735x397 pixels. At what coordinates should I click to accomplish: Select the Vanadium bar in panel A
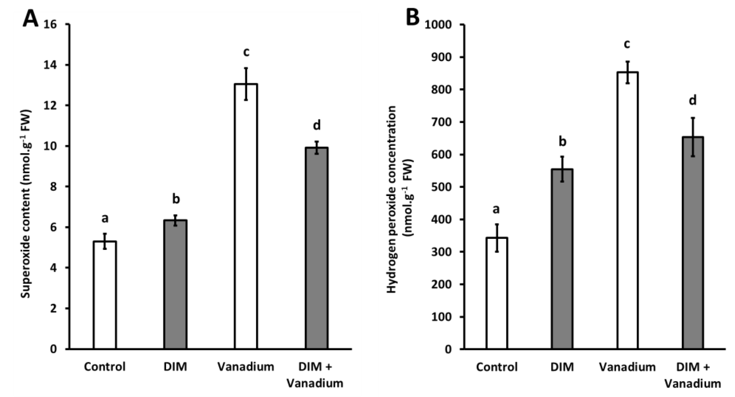click(246, 217)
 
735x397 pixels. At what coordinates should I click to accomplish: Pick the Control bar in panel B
click(497, 293)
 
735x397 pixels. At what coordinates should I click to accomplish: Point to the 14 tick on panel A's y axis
click(51, 65)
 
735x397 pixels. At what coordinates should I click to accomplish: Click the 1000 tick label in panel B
click(438, 25)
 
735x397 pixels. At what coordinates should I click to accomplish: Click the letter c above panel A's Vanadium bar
click(246, 52)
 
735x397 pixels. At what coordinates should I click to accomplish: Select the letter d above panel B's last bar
click(693, 100)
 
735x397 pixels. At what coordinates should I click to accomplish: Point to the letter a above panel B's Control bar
click(496, 210)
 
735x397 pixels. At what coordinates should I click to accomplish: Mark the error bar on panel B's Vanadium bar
click(627, 72)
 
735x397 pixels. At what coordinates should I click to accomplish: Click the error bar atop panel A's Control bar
click(105, 241)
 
